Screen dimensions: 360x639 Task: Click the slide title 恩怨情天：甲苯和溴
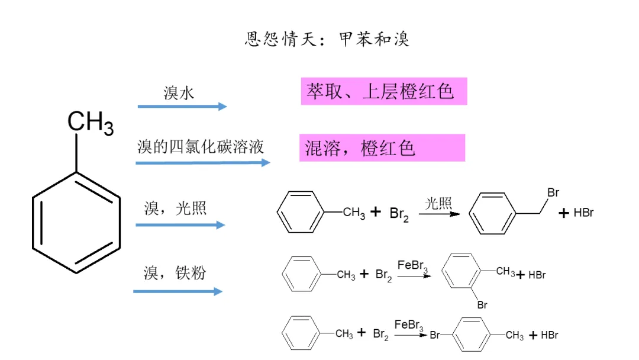point(327,40)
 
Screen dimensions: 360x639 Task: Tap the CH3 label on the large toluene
point(91,123)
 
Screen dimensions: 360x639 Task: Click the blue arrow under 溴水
point(182,107)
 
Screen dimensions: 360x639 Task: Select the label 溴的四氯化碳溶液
point(201,146)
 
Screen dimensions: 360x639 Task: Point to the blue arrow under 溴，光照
point(180,225)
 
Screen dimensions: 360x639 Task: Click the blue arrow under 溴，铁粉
point(178,291)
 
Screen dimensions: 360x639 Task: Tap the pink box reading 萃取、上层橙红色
point(383,91)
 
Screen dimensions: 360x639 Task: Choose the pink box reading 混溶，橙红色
point(382,147)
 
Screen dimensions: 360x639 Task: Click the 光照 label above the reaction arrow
point(438,204)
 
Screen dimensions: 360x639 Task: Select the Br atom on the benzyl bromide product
point(553,193)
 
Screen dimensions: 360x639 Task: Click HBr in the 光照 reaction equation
point(583,213)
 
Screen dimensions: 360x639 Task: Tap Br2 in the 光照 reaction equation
point(399,214)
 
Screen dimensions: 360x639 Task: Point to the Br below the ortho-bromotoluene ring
point(482,306)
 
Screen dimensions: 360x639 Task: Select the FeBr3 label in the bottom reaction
point(409,324)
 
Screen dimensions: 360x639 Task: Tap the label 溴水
point(179,93)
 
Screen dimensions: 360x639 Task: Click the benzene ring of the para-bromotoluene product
point(475,335)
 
